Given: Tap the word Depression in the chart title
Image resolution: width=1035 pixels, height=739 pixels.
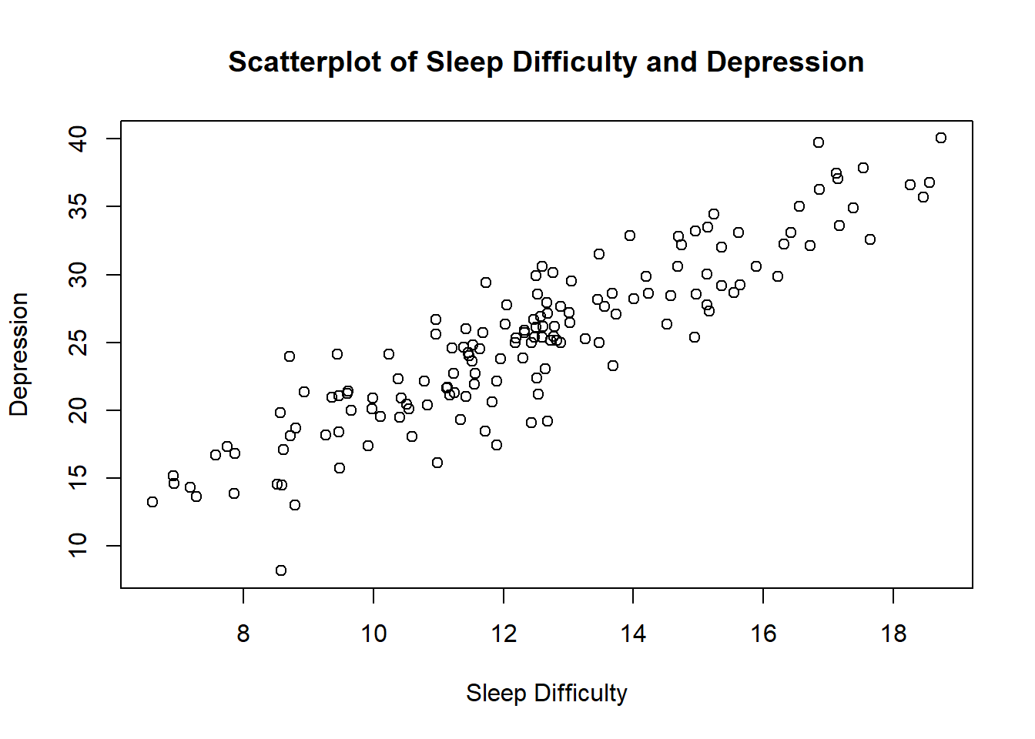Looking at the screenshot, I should (x=785, y=62).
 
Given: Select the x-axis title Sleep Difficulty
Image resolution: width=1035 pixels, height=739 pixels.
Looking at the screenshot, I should (x=547, y=693).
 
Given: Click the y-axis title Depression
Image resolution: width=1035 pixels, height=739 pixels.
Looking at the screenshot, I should (x=18, y=354).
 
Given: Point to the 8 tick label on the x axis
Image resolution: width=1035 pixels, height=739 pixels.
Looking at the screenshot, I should (x=243, y=634).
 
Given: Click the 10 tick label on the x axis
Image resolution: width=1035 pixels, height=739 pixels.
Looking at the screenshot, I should (x=373, y=634).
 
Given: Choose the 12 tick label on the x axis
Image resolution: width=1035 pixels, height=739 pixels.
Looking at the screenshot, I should (x=504, y=634).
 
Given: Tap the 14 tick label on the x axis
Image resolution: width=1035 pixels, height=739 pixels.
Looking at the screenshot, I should (x=633, y=634).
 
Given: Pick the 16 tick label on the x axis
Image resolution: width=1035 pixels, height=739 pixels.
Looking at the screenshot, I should (x=763, y=634).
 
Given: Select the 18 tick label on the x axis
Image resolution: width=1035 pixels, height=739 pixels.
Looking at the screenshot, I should (x=893, y=634).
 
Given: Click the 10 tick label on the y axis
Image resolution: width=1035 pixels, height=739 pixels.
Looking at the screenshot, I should (x=79, y=546).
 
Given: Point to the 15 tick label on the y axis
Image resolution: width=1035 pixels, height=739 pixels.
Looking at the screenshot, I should (x=79, y=478).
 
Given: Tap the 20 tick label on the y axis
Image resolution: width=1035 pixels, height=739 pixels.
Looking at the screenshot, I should (x=79, y=410).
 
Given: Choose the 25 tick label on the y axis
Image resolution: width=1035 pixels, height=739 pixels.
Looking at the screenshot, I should (x=79, y=343).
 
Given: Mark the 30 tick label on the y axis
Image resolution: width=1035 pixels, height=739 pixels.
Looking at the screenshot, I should (x=79, y=275).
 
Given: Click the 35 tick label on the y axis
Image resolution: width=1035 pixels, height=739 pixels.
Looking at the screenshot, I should (x=79, y=206).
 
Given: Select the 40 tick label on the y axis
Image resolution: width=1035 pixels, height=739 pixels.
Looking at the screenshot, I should (x=79, y=139).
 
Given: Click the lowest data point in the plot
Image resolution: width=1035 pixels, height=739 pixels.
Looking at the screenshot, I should (x=281, y=570).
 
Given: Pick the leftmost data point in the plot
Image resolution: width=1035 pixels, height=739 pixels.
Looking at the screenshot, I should (x=152, y=502).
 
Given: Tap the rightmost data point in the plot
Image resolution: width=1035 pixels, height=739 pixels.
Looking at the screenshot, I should (x=941, y=138).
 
